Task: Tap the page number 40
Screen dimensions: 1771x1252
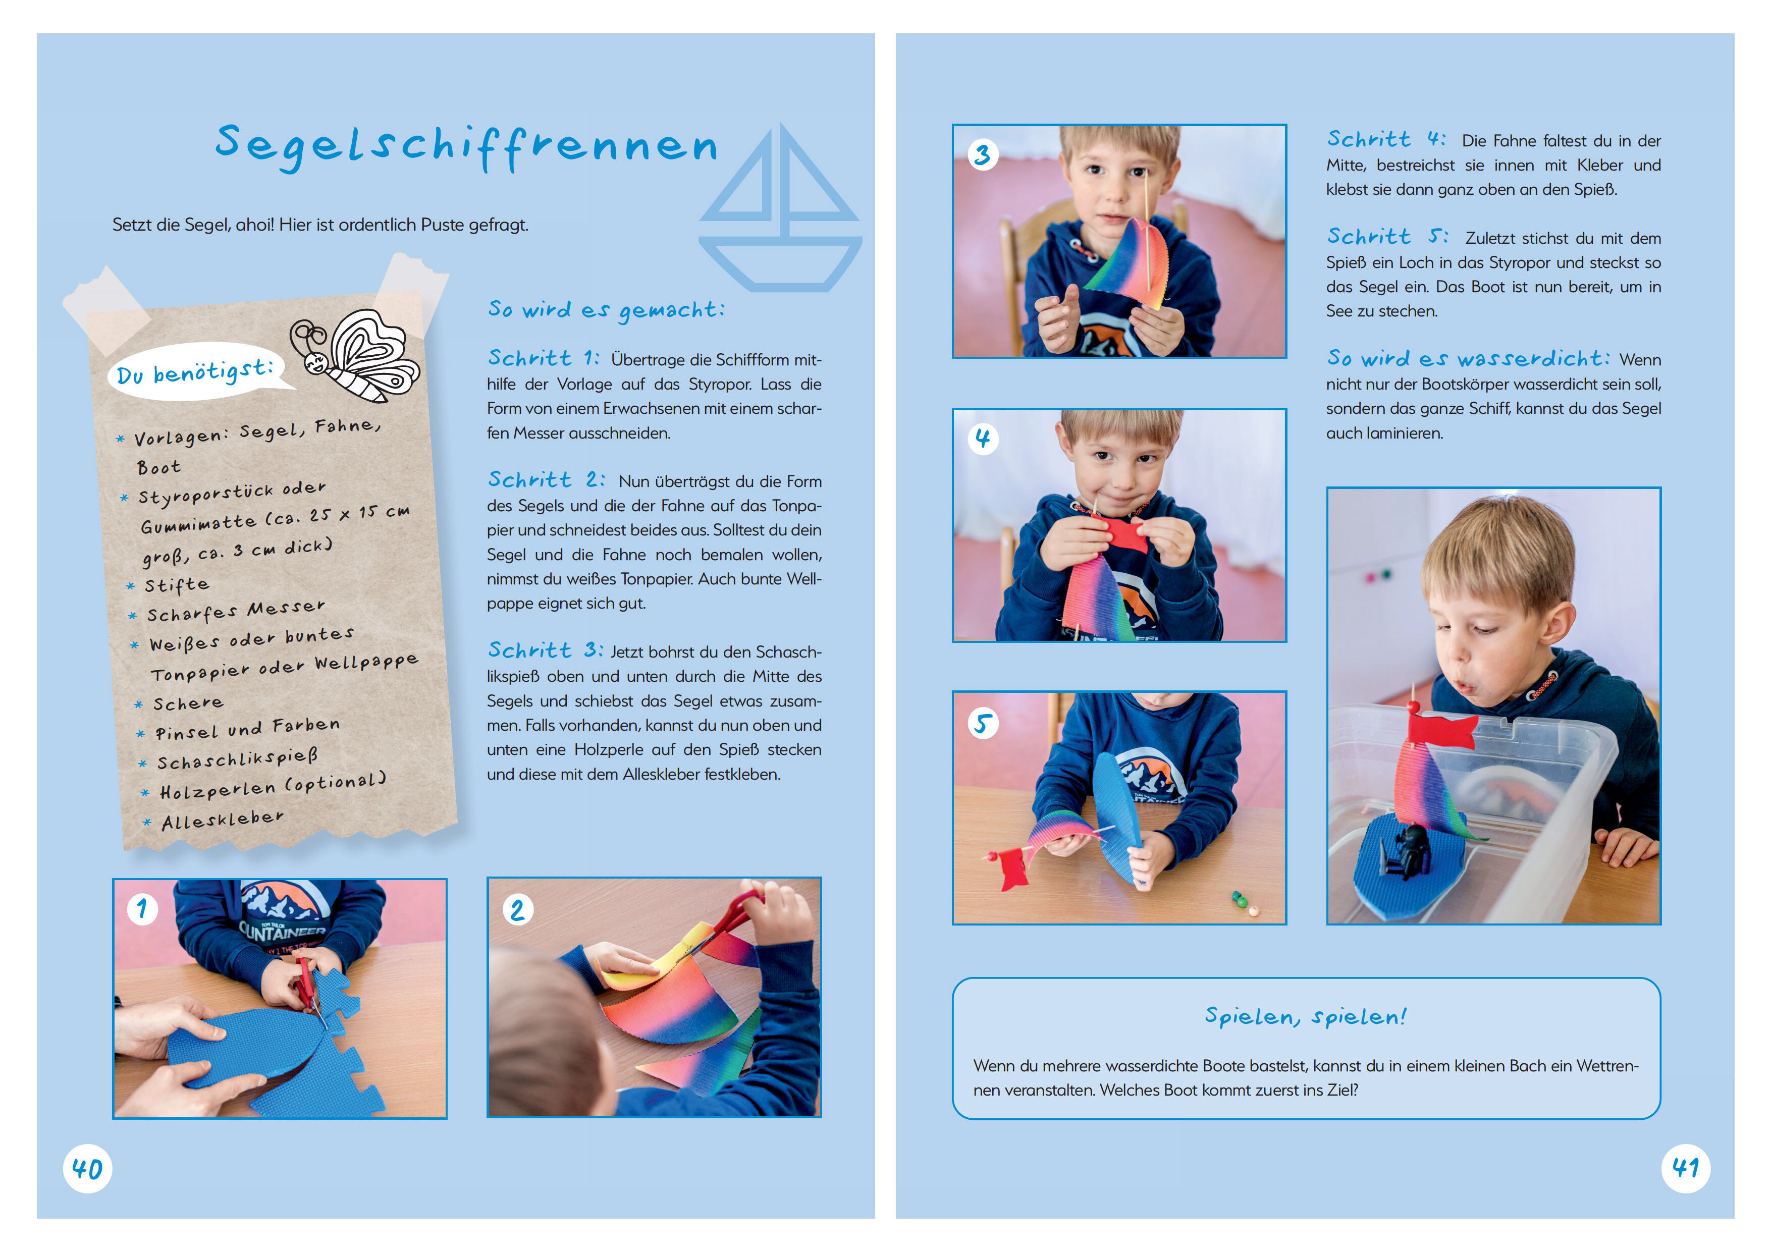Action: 87,1169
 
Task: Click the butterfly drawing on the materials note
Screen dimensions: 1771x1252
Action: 356,356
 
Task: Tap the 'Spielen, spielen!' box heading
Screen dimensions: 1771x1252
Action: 1306,1017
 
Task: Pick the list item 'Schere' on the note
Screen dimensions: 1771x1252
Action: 188,703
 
